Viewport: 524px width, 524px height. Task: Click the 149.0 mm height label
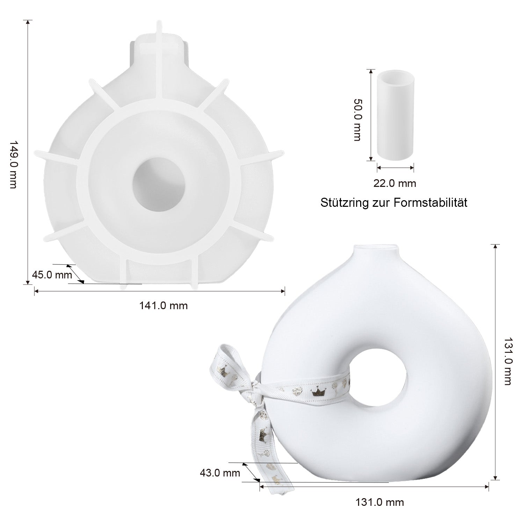pyautogui.click(x=13, y=165)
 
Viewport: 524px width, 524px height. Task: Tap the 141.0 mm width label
pyautogui.click(x=163, y=306)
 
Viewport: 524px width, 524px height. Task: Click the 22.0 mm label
pyautogui.click(x=395, y=183)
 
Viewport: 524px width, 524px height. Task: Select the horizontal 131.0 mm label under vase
pyautogui.click(x=380, y=502)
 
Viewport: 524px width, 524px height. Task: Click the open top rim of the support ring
pyautogui.click(x=395, y=74)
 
